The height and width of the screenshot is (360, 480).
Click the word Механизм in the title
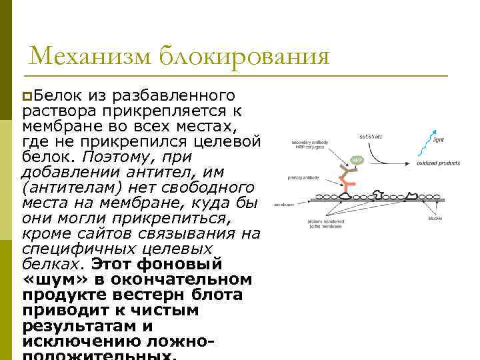[91, 56]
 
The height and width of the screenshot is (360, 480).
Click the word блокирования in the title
[245, 56]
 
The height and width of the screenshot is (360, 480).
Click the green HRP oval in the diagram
[357, 160]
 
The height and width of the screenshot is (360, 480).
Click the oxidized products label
[436, 163]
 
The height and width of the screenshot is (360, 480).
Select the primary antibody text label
[303, 177]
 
